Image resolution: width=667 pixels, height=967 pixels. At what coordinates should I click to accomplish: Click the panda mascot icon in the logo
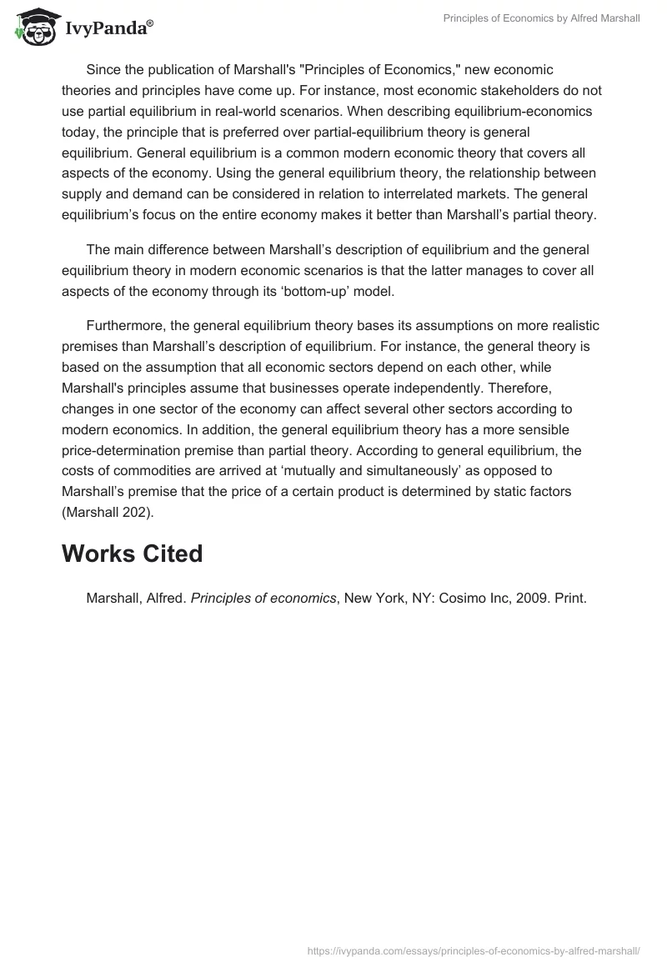pos(33,27)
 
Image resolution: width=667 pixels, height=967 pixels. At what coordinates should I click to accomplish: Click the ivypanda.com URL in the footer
pos(473,949)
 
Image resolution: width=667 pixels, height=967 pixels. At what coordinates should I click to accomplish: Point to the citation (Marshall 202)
pos(106,513)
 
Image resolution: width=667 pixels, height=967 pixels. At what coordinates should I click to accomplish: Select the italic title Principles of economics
pos(263,598)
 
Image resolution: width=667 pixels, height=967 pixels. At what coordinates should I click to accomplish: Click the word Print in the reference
pos(570,598)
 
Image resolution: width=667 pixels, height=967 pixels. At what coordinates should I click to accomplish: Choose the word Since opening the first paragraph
pos(103,69)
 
